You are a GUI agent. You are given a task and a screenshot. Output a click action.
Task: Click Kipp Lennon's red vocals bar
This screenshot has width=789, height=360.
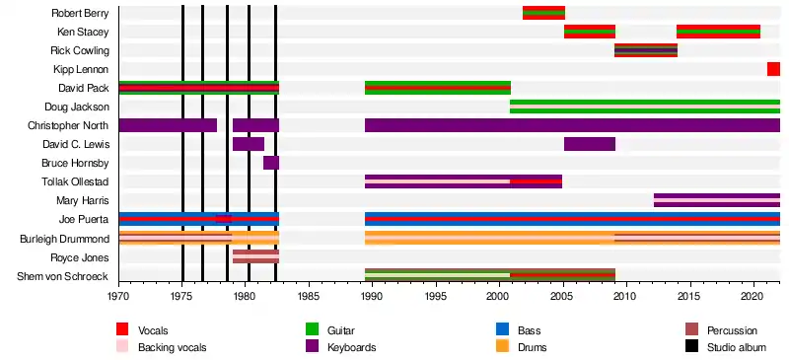tap(773, 69)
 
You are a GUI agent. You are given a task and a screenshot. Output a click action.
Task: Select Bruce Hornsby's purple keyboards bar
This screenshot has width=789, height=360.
tap(271, 163)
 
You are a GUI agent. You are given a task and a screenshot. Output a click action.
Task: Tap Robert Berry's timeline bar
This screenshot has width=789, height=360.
tap(544, 13)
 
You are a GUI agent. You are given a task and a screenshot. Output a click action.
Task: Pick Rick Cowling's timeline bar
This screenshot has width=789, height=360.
tap(646, 50)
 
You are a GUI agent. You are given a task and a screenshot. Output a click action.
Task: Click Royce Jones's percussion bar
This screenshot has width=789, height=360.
tap(255, 256)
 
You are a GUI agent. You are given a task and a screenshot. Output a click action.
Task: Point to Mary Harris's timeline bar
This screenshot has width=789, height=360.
tap(717, 200)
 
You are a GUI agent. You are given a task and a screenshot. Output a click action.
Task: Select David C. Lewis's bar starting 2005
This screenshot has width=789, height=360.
tap(590, 144)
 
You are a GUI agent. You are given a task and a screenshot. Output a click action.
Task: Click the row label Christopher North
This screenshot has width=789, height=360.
tap(68, 125)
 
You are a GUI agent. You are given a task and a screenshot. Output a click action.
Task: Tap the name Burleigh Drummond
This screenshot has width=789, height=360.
tap(64, 239)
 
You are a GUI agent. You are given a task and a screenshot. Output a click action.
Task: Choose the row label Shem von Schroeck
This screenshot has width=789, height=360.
tap(63, 276)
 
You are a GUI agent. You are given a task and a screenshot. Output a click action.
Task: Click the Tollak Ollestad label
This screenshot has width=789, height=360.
tap(75, 181)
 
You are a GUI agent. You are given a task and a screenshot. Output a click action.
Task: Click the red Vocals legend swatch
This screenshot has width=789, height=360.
tap(122, 330)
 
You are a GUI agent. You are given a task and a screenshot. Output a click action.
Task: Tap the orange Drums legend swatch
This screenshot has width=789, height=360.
tap(503, 347)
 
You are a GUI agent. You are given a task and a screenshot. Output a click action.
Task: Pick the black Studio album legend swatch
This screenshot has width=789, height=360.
tap(692, 347)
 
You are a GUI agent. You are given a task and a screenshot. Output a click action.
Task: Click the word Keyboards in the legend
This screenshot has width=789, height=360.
tap(352, 347)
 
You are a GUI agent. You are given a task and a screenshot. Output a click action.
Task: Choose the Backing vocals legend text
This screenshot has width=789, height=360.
tap(172, 347)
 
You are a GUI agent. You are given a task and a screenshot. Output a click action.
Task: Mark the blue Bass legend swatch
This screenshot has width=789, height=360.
tap(503, 330)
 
